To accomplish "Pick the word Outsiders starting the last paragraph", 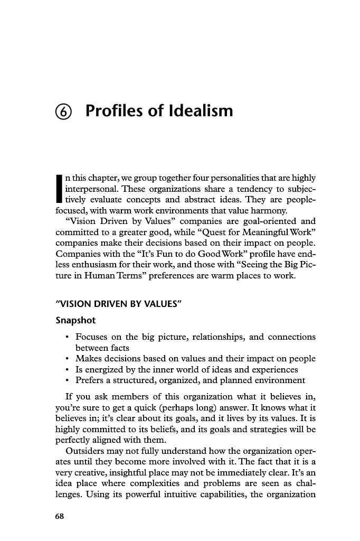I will [x=85, y=451].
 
